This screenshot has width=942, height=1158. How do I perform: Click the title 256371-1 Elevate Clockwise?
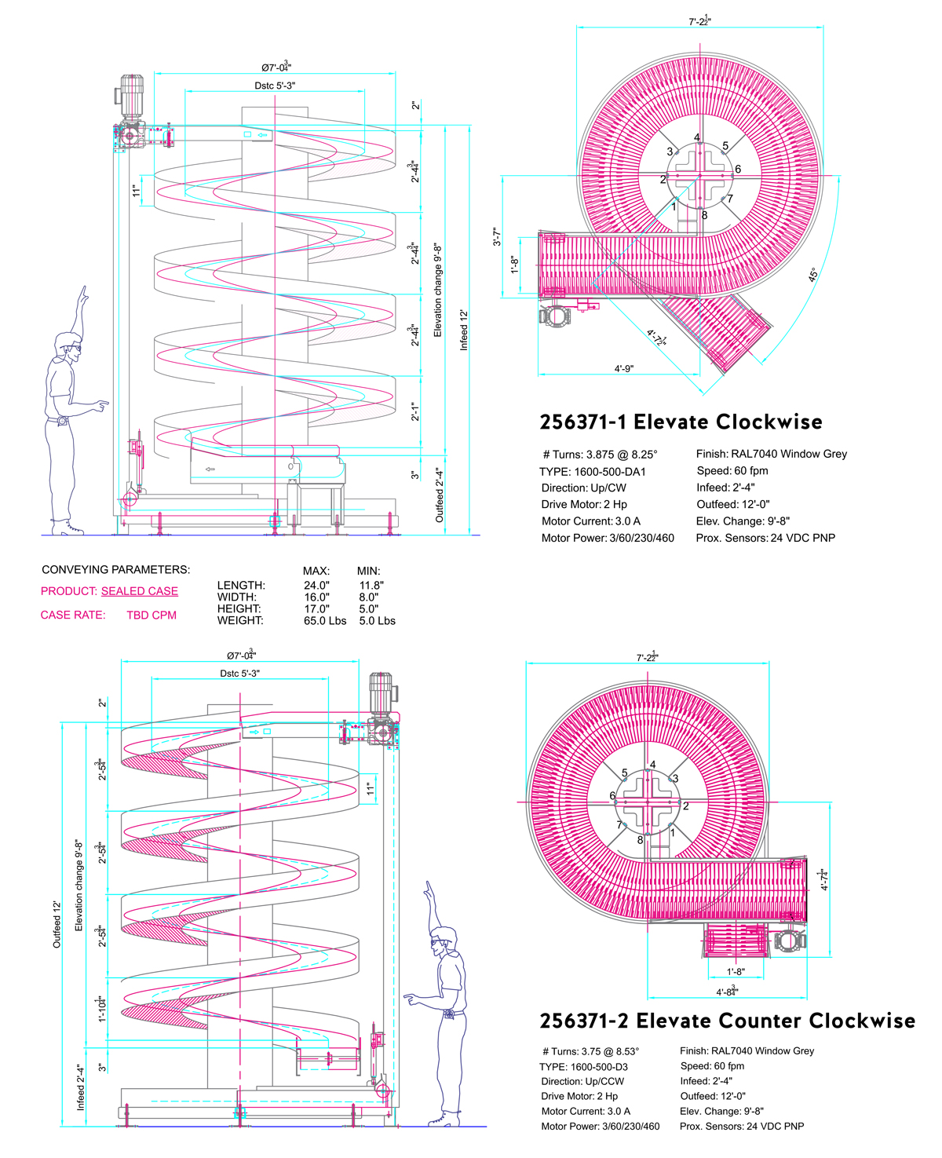click(681, 422)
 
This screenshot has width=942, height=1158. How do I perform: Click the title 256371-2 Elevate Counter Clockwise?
click(727, 1021)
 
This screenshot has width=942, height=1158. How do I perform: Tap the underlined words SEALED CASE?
click(140, 591)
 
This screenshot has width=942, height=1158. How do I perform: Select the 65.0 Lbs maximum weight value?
click(325, 621)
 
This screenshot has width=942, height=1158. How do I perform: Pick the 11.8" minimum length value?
click(371, 586)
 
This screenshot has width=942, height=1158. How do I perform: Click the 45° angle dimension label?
click(813, 275)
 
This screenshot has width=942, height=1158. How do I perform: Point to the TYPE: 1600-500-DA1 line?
click(593, 472)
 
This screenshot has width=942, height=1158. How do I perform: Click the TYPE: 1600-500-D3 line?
click(583, 1067)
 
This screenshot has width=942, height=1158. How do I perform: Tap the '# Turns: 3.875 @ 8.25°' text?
click(601, 455)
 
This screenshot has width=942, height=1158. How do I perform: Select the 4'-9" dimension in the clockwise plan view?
click(624, 368)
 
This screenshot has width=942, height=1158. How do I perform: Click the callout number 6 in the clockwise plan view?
click(738, 170)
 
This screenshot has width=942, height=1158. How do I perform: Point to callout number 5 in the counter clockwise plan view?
click(625, 773)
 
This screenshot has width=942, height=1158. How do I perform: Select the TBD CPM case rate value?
click(152, 616)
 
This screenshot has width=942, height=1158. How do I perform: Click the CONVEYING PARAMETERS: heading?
click(115, 570)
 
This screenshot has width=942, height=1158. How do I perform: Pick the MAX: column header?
click(316, 572)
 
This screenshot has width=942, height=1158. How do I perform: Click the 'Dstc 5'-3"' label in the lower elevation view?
click(239, 674)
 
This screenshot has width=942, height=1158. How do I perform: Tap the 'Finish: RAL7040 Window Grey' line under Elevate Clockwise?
click(771, 454)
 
